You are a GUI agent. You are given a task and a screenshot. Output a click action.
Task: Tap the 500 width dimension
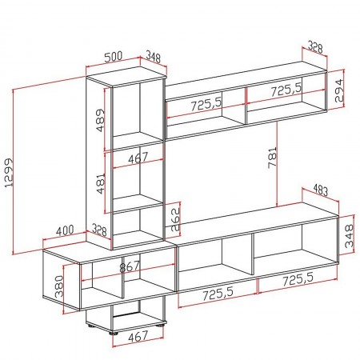tap(114, 58)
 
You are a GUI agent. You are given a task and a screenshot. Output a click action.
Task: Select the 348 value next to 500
tap(151, 58)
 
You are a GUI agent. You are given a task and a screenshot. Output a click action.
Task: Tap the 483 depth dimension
tap(321, 190)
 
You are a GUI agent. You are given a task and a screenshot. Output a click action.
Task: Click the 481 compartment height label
tap(99, 186)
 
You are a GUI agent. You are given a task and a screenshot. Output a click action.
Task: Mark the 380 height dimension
tap(58, 286)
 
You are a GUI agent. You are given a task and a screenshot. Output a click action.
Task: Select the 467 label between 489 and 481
tap(138, 158)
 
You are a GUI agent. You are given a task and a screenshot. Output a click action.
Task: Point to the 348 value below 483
tap(347, 238)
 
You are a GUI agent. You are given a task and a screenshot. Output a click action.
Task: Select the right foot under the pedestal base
tap(162, 326)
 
